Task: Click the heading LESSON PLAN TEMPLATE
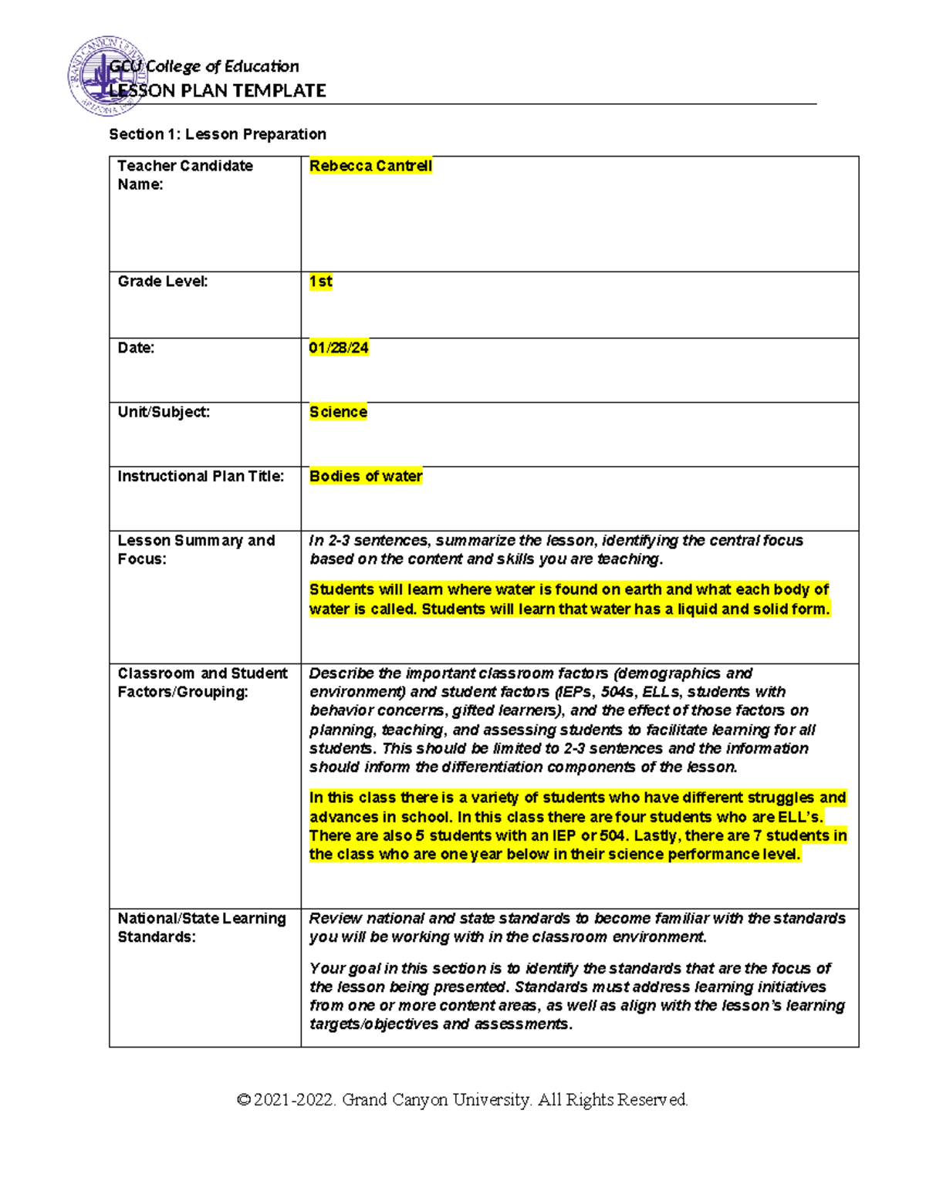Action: pyautogui.click(x=218, y=91)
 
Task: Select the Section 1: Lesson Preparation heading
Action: pyautogui.click(x=218, y=134)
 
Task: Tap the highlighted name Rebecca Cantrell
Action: pyautogui.click(x=370, y=166)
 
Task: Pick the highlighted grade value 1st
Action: pyautogui.click(x=320, y=282)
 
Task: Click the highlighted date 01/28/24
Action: pyautogui.click(x=339, y=348)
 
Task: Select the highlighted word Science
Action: pyautogui.click(x=338, y=412)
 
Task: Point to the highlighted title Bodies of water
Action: pyautogui.click(x=366, y=477)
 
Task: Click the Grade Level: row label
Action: pyautogui.click(x=162, y=282)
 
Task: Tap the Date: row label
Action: pyautogui.click(x=136, y=348)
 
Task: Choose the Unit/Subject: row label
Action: pyautogui.click(x=164, y=412)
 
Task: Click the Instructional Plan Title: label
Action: pyautogui.click(x=201, y=477)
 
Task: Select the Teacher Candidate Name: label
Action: pyautogui.click(x=184, y=175)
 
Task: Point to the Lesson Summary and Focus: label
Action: pyautogui.click(x=196, y=549)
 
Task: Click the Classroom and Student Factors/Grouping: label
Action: pyautogui.click(x=202, y=683)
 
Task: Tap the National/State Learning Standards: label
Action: pyautogui.click(x=201, y=927)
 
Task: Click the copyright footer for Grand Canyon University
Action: pyautogui.click(x=462, y=1099)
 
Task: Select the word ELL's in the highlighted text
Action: pyautogui.click(x=799, y=817)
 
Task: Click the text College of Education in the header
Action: pyautogui.click(x=222, y=67)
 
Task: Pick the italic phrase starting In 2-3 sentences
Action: pyautogui.click(x=556, y=549)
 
